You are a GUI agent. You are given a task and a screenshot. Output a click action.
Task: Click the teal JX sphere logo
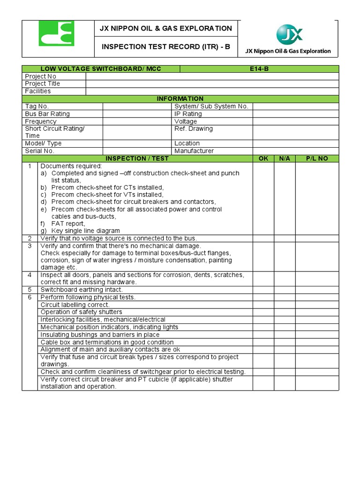289,35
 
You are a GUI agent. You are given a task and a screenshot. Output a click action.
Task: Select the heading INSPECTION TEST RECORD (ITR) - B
167,47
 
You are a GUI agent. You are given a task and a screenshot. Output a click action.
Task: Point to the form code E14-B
259,69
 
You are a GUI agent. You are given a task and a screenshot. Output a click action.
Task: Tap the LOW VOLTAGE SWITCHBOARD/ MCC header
101,69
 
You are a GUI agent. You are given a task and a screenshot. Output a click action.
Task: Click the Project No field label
41,76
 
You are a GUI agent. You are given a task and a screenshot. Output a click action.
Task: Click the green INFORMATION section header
180,99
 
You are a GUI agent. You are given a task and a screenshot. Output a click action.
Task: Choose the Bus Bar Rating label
47,114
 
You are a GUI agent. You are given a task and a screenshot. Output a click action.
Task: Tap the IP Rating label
188,114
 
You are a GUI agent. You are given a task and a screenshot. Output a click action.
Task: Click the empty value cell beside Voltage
295,121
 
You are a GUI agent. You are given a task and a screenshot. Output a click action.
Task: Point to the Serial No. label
40,151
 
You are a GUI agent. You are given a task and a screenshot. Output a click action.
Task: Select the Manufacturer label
194,151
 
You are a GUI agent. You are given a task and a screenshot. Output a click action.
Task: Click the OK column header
263,158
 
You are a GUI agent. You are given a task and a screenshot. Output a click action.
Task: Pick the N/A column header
285,158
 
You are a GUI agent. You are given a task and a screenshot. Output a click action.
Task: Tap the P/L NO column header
317,158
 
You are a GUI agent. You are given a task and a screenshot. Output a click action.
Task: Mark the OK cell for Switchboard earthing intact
263,290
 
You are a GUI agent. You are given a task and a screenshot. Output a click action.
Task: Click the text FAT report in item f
68,224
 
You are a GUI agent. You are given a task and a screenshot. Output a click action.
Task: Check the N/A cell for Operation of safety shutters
285,312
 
